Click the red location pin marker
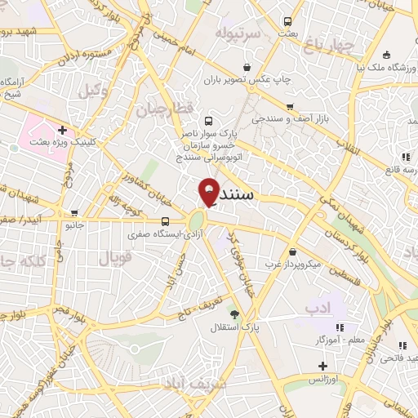(210, 190)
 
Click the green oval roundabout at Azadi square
(197, 221)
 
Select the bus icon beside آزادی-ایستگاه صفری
(166, 221)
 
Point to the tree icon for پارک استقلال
(234, 314)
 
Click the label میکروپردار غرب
(299, 265)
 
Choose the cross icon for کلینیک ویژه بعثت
(62, 129)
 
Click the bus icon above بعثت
(287, 21)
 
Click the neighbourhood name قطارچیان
(162, 109)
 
